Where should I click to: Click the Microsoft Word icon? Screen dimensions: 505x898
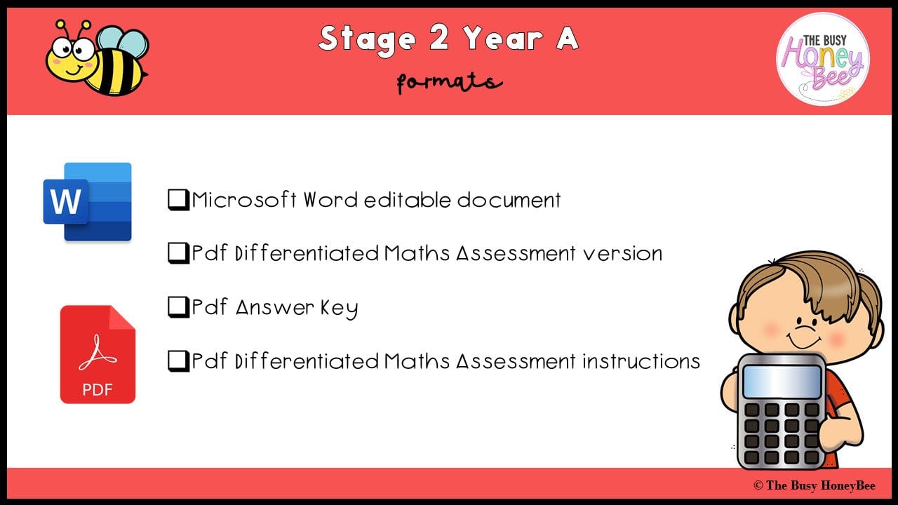(88, 202)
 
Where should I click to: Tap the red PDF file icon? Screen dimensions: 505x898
(98, 354)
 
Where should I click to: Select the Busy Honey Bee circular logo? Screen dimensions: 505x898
(822, 59)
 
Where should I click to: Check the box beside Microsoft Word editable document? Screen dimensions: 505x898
(178, 200)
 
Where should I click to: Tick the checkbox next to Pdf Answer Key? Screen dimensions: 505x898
(178, 308)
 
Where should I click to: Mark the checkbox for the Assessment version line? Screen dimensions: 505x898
(178, 253)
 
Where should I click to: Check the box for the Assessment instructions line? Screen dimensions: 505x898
(178, 361)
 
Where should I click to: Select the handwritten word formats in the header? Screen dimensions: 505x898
(449, 83)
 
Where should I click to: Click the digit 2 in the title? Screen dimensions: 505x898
(438, 39)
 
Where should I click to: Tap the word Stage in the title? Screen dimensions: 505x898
(366, 39)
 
